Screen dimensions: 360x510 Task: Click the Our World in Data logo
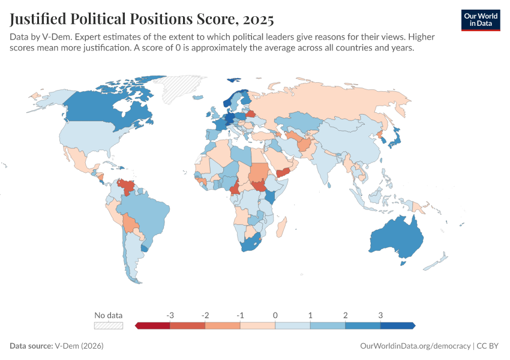point(481,20)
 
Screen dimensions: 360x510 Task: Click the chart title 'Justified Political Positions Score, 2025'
point(142,20)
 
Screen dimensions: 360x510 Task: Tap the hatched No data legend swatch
point(109,325)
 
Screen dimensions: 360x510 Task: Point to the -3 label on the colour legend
point(170,315)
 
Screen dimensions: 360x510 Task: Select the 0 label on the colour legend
point(275,315)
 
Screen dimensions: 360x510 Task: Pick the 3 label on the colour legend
point(380,315)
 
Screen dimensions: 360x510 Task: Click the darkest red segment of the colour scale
point(154,325)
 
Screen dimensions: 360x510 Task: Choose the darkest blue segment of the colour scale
point(397,325)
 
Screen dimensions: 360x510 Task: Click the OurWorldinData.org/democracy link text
point(415,346)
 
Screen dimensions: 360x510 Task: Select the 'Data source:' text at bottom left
point(31,346)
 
